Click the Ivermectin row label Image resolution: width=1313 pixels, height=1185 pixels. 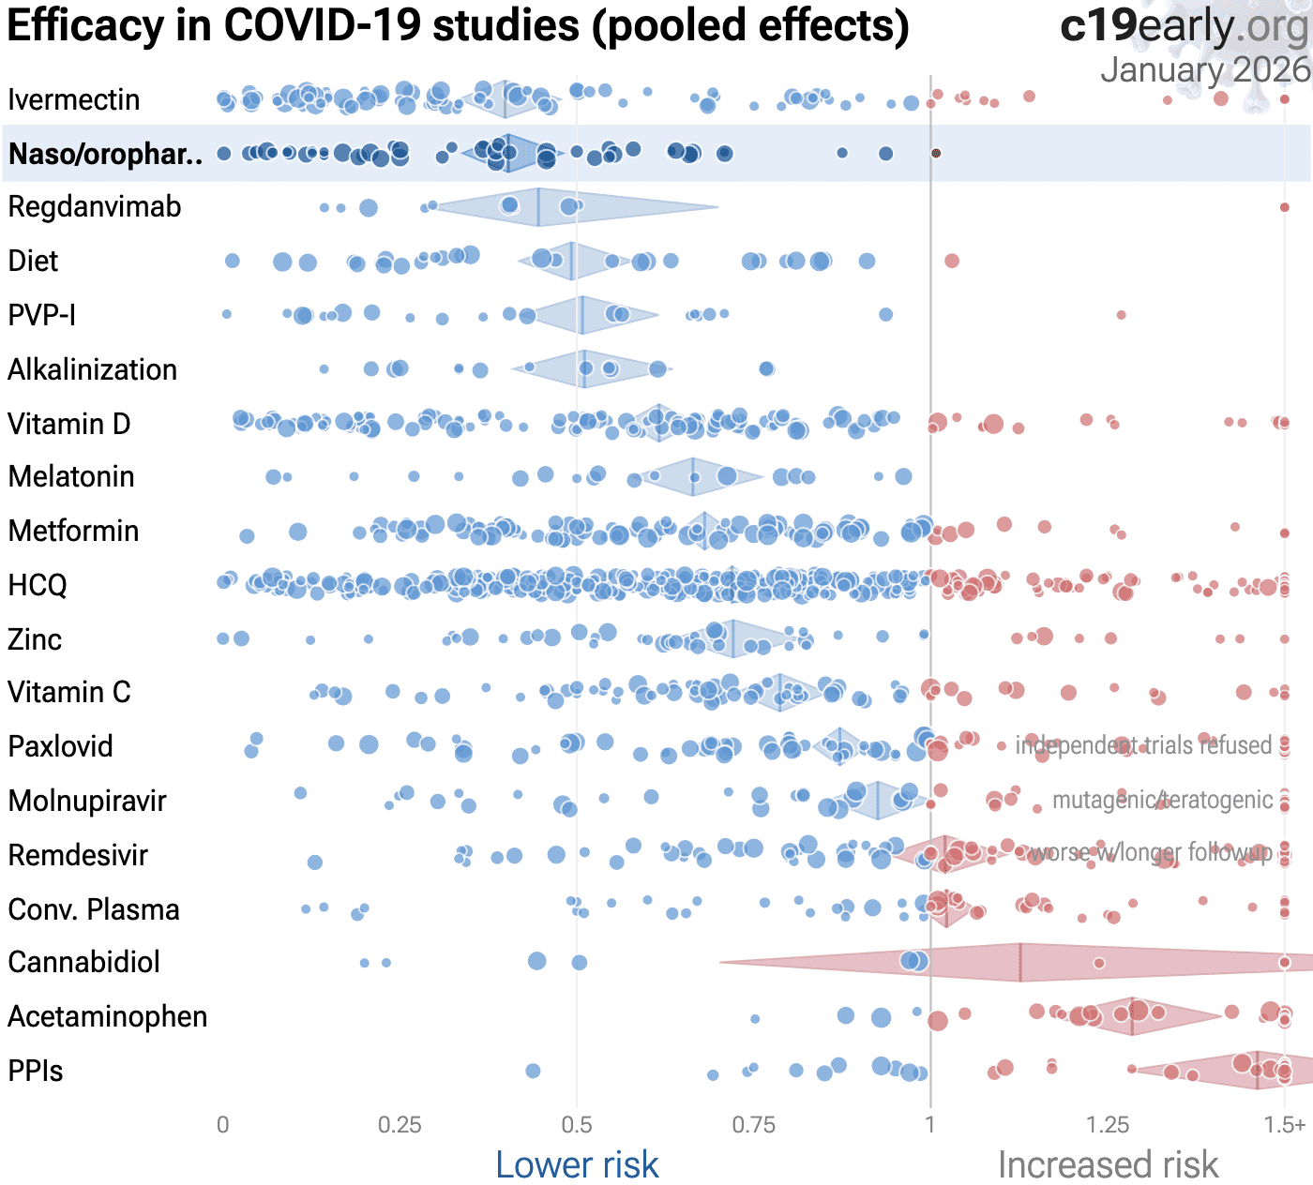(x=73, y=99)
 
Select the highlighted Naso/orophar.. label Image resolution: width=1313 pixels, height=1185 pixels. (x=105, y=154)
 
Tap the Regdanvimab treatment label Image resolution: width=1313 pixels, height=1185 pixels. (x=94, y=207)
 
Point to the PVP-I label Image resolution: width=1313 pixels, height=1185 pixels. (x=41, y=315)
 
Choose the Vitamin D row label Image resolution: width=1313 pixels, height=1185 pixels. (x=68, y=424)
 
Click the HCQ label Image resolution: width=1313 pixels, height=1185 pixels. (x=38, y=585)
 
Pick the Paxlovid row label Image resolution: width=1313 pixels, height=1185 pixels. (x=60, y=746)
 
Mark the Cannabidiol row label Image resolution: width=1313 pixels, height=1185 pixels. (x=83, y=962)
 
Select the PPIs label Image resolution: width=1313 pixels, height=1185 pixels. (x=35, y=1071)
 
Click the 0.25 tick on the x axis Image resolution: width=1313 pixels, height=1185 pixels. (x=400, y=1125)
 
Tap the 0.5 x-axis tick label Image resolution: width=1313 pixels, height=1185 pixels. (x=577, y=1125)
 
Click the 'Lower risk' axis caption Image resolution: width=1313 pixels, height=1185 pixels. (x=577, y=1164)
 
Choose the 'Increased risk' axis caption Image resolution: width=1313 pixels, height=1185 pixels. (x=1108, y=1164)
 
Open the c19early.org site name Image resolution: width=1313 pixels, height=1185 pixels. (x=1184, y=26)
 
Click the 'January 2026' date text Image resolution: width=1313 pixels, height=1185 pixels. (x=1204, y=69)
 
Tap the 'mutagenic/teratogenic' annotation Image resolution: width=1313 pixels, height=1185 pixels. (x=1162, y=800)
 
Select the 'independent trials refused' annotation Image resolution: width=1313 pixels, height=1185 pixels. (x=1143, y=745)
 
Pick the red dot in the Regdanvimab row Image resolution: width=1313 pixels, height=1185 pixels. (x=1285, y=207)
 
